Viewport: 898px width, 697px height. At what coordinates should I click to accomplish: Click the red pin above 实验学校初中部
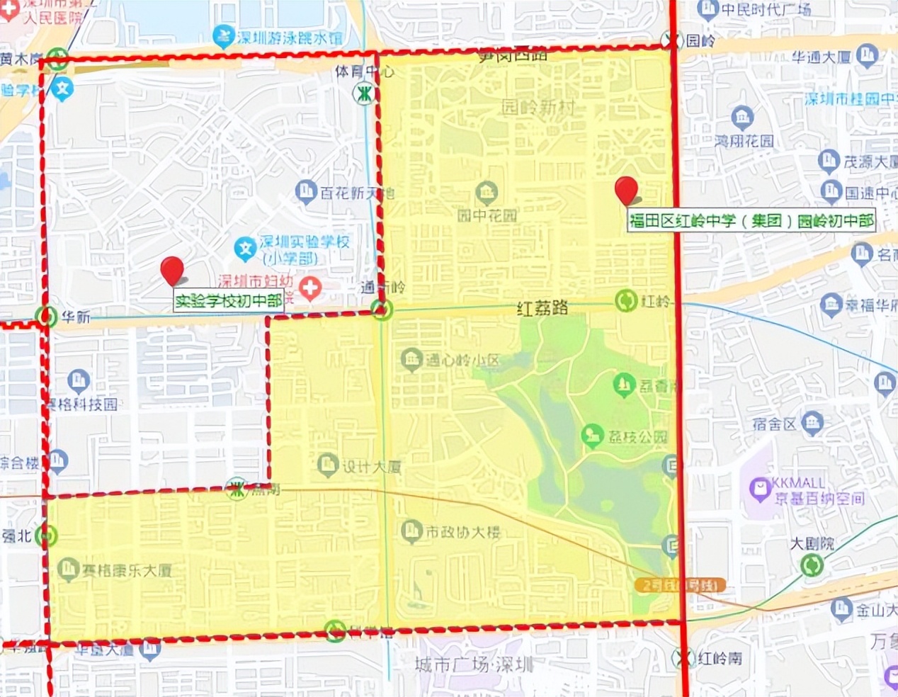pos(172,271)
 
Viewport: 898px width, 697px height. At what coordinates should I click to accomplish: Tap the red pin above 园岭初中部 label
pos(626,190)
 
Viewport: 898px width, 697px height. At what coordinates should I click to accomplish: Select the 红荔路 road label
pos(542,308)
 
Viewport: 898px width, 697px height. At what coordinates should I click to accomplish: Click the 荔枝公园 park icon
pos(592,436)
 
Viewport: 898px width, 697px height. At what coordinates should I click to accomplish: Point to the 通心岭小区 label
pos(462,360)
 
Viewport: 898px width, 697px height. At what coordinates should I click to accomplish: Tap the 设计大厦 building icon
pos(327,465)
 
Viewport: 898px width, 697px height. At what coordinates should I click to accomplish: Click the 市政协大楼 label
pos(462,532)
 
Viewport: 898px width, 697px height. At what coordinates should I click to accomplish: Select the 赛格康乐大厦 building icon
pos(68,568)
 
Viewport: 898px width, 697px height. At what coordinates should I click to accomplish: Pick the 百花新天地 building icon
pos(306,191)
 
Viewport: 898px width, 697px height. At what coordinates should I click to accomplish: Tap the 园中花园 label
pos(487,215)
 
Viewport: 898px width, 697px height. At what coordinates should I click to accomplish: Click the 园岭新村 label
pos(538,108)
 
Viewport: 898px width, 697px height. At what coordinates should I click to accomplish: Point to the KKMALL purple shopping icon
pos(760,487)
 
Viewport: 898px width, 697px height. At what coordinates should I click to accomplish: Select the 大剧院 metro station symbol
pos(812,565)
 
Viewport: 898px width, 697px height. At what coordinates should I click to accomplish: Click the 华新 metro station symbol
pos(47,316)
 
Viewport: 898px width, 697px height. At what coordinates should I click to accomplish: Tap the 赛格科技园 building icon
pos(79,380)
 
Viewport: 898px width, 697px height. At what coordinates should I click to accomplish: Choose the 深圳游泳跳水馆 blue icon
pos(224,36)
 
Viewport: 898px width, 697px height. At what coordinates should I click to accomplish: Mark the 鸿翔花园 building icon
pos(742,116)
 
